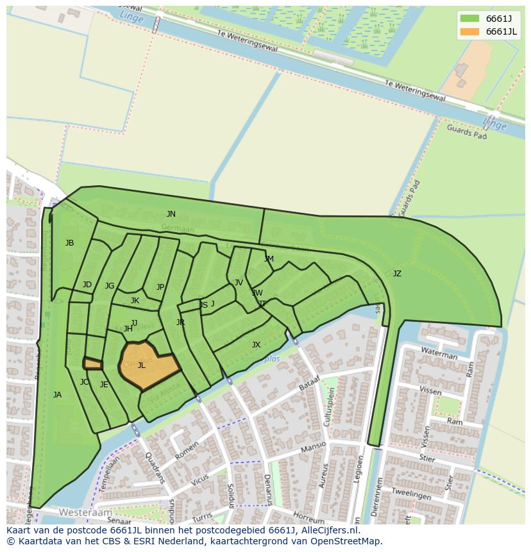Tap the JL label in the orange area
tap(141, 365)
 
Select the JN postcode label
tap(171, 214)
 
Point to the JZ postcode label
tap(397, 274)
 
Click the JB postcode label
tap(69, 243)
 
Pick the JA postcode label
tap(57, 395)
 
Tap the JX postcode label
tap(256, 345)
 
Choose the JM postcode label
tap(269, 259)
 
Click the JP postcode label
tap(160, 287)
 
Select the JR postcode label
tap(180, 322)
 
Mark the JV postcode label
tap(239, 283)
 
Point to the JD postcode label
tap(87, 285)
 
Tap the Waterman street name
tap(439, 353)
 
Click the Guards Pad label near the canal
tap(467, 131)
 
